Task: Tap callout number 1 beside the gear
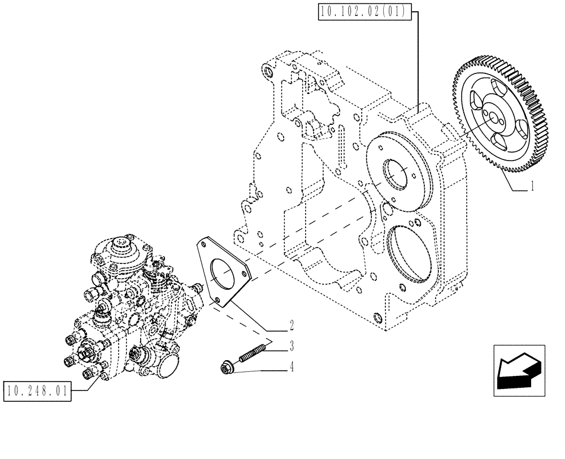click(532, 186)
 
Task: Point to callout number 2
click(292, 325)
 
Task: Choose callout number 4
click(292, 367)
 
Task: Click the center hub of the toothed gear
click(492, 119)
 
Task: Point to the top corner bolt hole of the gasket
click(201, 244)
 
